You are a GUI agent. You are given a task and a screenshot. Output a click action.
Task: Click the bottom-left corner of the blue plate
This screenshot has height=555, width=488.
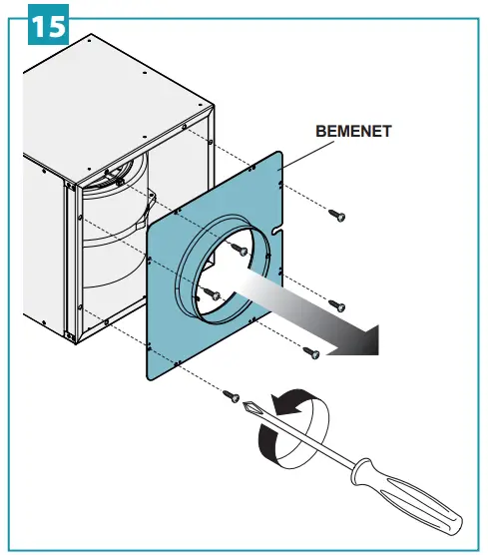point(150,377)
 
